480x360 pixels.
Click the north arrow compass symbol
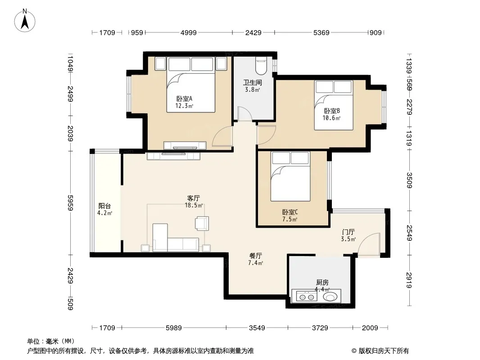pyautogui.click(x=25, y=21)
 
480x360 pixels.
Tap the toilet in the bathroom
pyautogui.click(x=261, y=66)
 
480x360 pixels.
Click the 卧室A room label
pyautogui.click(x=184, y=99)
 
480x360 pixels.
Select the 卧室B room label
pyautogui.click(x=332, y=111)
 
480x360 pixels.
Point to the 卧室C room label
pyautogui.click(x=290, y=212)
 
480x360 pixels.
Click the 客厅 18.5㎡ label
pyautogui.click(x=194, y=202)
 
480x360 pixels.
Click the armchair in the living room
pyautogui.click(x=202, y=223)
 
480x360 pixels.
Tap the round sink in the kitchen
pyautogui.click(x=330, y=297)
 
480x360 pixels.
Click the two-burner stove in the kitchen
pyautogui.click(x=307, y=297)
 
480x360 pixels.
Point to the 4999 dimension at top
pyautogui.click(x=189, y=32)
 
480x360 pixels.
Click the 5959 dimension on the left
pyautogui.click(x=70, y=203)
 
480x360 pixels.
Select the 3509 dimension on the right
pyautogui.click(x=409, y=180)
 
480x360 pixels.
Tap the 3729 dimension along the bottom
pyautogui.click(x=320, y=328)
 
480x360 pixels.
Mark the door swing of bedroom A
pyautogui.click(x=222, y=136)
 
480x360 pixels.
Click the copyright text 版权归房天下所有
pyautogui.click(x=384, y=351)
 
